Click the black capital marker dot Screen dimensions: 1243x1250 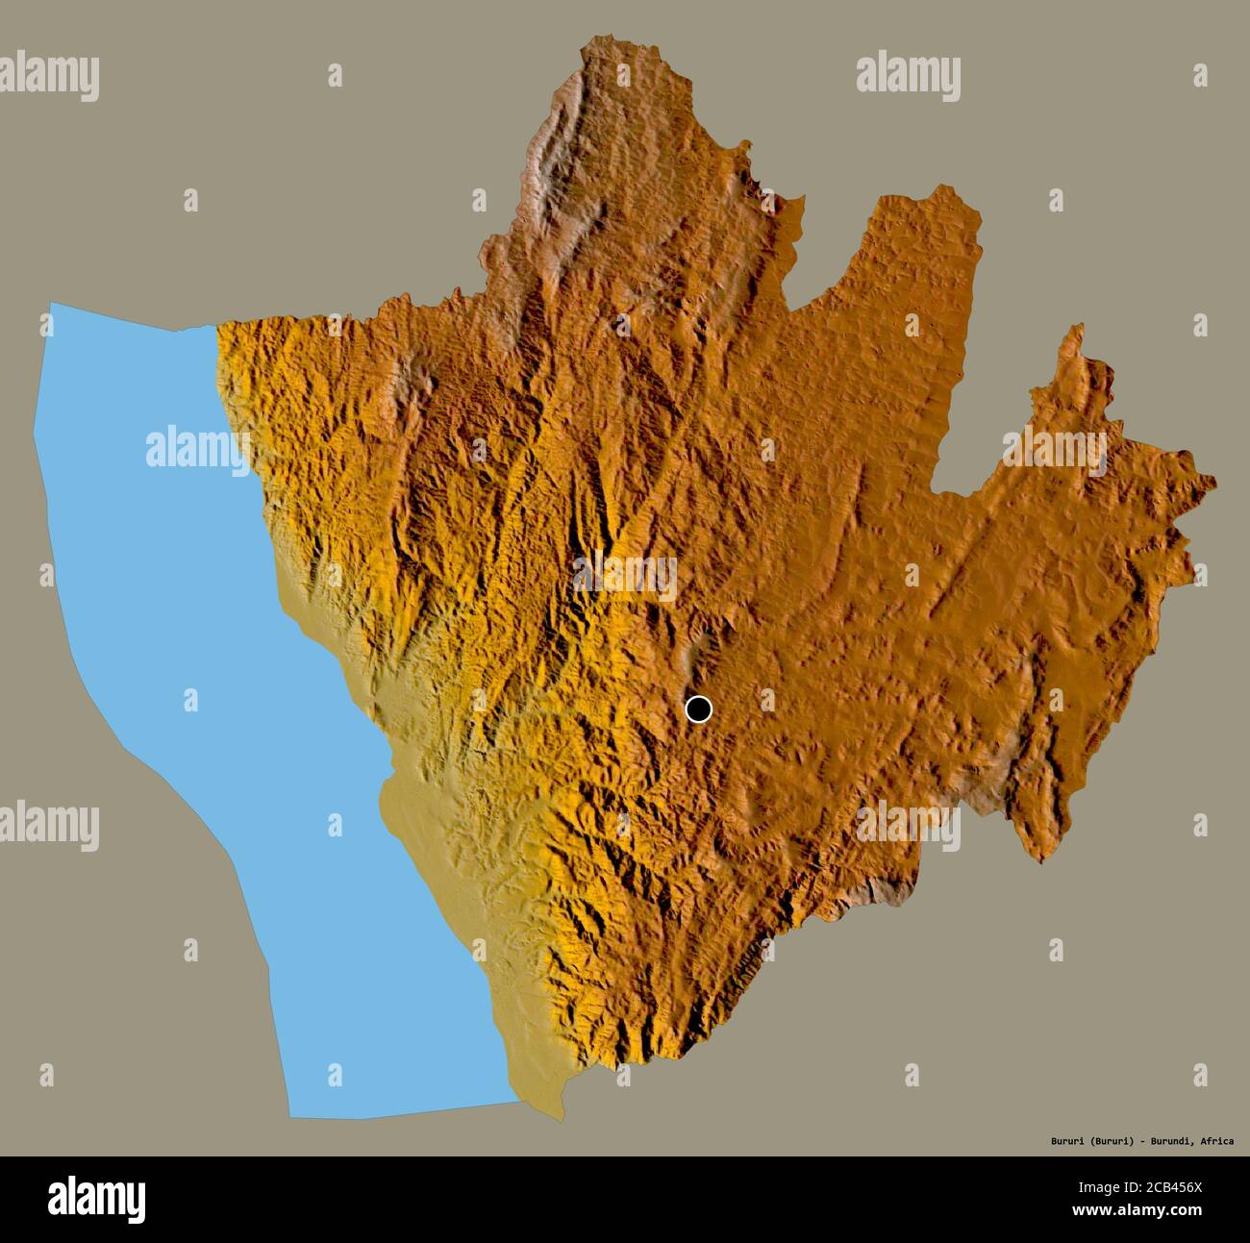click(x=699, y=709)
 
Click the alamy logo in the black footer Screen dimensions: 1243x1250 click(x=97, y=1199)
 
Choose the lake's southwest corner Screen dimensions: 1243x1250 click(x=290, y=1117)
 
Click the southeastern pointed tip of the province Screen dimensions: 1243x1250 click(x=1040, y=861)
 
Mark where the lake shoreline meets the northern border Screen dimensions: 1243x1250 click(x=213, y=326)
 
